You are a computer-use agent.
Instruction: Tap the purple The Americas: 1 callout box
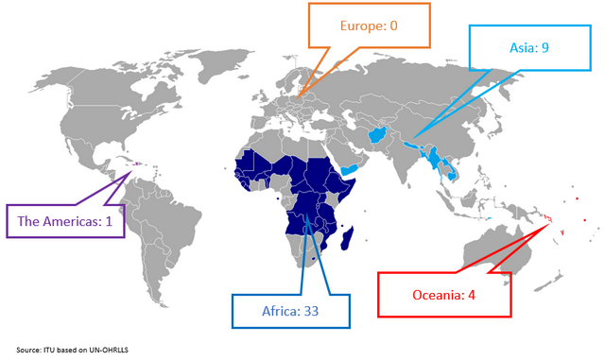click(65, 221)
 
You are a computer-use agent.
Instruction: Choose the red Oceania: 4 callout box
click(444, 294)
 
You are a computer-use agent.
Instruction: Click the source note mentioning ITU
click(71, 350)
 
